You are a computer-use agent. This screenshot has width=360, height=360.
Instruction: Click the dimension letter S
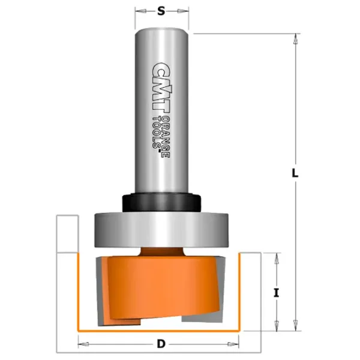point(161,11)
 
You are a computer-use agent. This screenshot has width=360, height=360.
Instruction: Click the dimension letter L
point(295,173)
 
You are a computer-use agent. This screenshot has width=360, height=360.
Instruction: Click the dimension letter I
point(277,293)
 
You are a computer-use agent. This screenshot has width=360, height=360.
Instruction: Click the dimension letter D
point(161,344)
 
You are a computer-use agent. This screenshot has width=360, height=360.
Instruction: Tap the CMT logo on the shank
point(161,88)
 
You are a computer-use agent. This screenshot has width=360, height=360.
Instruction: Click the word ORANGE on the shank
point(166,137)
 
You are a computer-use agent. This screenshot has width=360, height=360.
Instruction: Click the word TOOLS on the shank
point(157,133)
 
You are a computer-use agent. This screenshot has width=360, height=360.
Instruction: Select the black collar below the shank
point(161,203)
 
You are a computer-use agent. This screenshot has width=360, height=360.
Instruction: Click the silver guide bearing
point(161,230)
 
